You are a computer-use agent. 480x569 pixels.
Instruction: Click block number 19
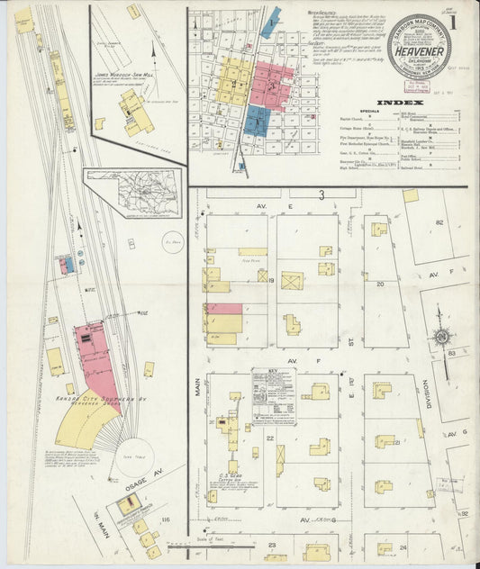click(271, 282)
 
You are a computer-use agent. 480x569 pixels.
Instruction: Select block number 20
click(379, 283)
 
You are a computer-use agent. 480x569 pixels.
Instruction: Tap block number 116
click(165, 520)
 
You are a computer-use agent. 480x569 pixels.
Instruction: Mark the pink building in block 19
click(223, 308)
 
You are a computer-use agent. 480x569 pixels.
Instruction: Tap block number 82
click(440, 221)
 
